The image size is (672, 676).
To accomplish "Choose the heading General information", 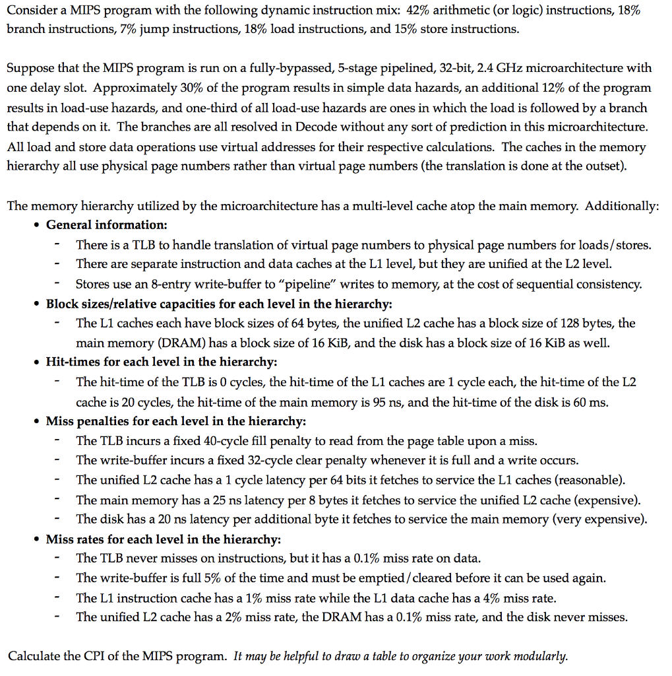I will coord(106,225).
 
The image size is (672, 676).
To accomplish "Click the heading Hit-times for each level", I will coord(161,362).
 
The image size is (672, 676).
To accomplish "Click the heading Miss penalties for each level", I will coord(175,421).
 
